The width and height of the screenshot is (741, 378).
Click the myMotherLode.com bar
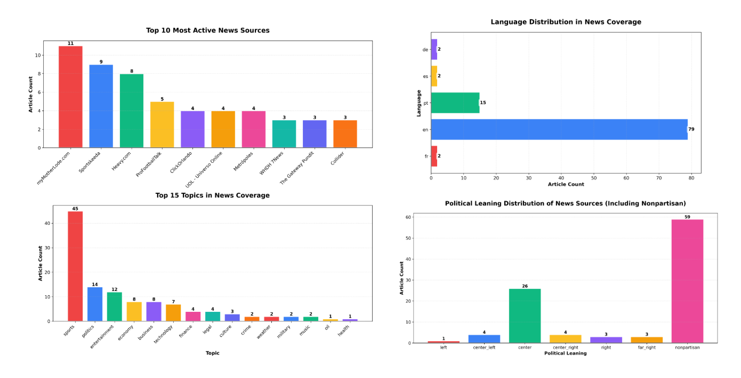(70, 97)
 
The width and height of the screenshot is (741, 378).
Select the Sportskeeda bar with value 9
(101, 106)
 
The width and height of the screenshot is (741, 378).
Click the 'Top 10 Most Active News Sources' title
(207, 30)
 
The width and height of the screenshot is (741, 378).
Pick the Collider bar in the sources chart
(345, 134)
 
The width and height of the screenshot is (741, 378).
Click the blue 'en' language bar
(559, 130)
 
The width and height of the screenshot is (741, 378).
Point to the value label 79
(691, 130)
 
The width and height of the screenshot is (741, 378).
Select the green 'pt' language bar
(455, 103)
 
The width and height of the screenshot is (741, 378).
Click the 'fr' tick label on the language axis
(425, 156)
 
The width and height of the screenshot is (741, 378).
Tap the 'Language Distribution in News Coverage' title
(566, 22)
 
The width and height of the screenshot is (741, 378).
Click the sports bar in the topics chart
(75, 266)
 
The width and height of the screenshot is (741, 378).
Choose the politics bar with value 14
(95, 304)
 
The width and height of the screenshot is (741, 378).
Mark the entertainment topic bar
(115, 307)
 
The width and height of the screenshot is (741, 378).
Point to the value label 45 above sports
(75, 209)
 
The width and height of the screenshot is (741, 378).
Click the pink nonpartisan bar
(687, 281)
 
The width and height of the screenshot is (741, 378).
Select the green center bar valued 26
(525, 316)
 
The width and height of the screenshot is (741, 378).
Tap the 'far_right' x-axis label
(646, 348)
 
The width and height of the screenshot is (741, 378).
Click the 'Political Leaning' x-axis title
(565, 353)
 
